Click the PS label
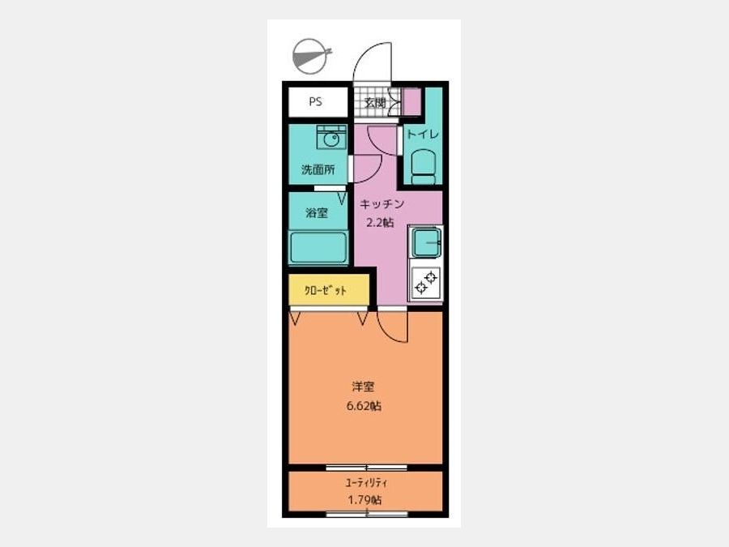point(315,101)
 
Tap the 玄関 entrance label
point(375,102)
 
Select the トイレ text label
point(423,134)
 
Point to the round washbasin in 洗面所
point(331,139)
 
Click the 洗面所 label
point(318,169)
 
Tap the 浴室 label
point(317,213)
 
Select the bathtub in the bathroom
point(318,248)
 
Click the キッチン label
point(382,203)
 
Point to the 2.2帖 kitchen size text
point(380,222)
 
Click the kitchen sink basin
point(426,242)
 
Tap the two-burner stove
point(426,282)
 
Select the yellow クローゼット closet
point(329,290)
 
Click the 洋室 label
point(363,386)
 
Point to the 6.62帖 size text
point(364,406)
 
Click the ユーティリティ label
point(366,483)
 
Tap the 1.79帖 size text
point(365,500)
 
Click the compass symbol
point(310,56)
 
